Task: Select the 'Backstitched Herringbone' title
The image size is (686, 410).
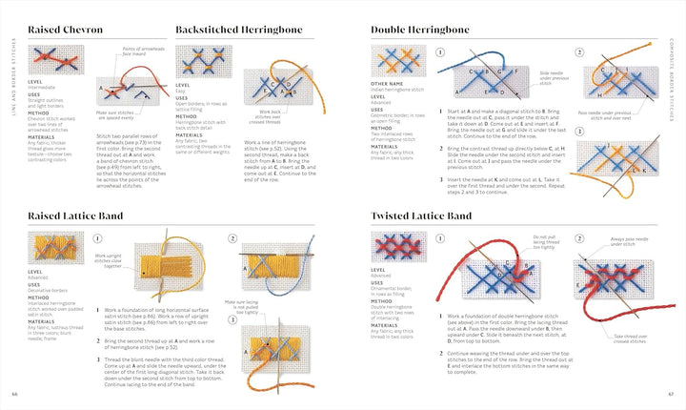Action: [x=239, y=30]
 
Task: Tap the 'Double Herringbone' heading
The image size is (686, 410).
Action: [x=420, y=30]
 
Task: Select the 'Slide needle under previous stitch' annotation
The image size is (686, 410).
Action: [x=552, y=76]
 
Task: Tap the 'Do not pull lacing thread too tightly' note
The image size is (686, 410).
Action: [x=545, y=242]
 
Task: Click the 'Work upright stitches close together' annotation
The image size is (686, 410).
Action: [x=108, y=259]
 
